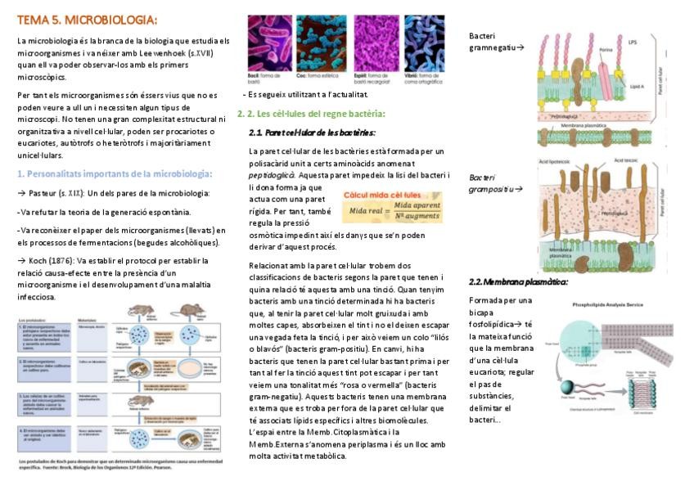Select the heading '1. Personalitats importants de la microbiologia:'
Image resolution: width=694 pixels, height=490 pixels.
pos(115,173)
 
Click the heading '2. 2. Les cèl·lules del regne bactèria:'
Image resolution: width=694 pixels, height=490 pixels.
pos(310,114)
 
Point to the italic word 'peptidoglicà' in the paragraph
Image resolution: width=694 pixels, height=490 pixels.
pos(273,176)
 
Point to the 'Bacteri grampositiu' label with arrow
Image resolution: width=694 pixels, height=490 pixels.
pos(494,182)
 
